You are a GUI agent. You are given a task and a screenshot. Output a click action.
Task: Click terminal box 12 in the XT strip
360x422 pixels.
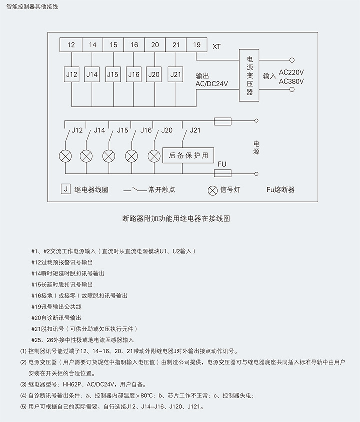point(72,45)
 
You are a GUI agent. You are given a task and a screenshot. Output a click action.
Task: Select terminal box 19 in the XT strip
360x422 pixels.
point(197,45)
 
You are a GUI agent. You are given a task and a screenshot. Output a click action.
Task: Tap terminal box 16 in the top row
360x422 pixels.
point(134,45)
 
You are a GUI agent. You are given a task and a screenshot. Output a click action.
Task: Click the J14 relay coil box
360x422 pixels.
point(92,74)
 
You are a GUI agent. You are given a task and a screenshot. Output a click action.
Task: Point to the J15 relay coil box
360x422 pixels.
point(113,74)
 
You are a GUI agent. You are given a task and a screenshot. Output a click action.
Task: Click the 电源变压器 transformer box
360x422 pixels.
point(250,75)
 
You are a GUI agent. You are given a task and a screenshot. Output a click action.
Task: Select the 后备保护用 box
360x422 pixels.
point(188,155)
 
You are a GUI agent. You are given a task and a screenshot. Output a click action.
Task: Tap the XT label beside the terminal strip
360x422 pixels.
point(216,47)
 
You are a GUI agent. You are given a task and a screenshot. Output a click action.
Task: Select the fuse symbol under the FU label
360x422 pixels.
point(222,174)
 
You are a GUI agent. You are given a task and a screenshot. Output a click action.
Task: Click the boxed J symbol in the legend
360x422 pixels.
point(65,189)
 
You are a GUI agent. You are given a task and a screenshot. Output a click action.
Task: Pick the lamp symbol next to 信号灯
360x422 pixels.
point(212,190)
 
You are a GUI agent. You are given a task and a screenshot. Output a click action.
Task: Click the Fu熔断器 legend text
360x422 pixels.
point(280,190)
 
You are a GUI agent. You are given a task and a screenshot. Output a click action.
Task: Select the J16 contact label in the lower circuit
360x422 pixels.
point(146,130)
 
